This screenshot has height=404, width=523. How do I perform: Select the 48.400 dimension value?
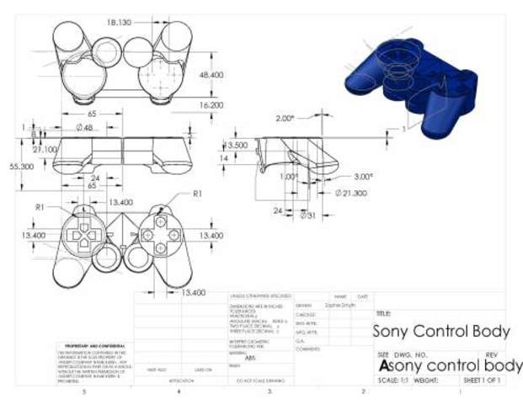tap(211, 76)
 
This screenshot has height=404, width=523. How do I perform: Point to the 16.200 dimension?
tap(211, 105)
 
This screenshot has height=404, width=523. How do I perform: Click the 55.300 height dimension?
tap(22, 167)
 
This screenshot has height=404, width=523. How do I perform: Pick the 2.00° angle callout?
tap(287, 119)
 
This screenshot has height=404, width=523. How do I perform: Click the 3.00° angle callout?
tap(363, 177)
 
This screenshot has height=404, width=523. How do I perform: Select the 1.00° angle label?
tap(289, 177)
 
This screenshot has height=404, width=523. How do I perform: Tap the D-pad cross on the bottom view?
tap(84, 237)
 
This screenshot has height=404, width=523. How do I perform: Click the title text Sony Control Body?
tap(440, 331)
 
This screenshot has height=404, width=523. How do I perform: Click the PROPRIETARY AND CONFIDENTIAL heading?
tap(96, 346)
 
